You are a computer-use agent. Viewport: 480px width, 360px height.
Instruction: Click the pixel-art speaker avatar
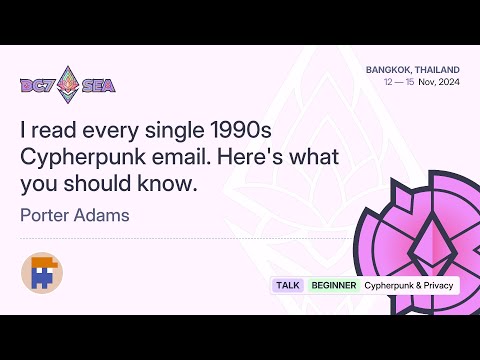42,272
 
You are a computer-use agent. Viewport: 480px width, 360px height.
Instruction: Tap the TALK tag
288,285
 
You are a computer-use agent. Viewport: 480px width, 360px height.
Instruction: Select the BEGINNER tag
333,285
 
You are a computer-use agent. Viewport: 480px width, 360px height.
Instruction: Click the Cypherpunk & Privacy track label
408,285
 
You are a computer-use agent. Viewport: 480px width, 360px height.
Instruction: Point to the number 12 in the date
388,82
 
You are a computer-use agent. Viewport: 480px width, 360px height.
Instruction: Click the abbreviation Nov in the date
427,82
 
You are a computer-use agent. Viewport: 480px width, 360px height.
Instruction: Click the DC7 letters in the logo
37,86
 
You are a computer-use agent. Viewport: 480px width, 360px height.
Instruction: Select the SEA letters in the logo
99,86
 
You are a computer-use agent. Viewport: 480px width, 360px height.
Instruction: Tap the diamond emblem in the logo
69,84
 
